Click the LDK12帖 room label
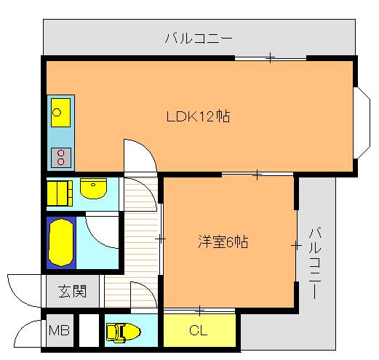199,116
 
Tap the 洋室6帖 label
223,242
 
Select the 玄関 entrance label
72,292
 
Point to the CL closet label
198,332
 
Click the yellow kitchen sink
58,113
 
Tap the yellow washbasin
93,191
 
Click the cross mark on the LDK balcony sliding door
269,57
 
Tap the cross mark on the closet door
199,311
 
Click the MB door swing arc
27,335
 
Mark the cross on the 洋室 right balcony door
296,247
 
